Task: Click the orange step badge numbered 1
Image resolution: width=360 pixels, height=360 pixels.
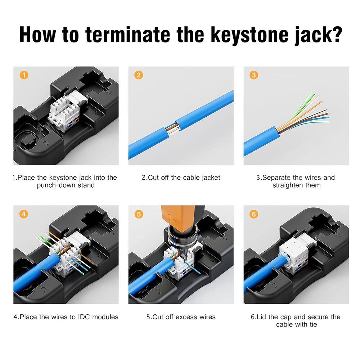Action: [x=24, y=75]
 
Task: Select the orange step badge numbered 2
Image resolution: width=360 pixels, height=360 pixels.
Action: [x=139, y=75]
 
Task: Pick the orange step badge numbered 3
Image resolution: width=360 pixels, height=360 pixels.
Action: [x=254, y=75]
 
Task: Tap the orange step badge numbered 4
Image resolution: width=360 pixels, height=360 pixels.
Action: [x=24, y=214]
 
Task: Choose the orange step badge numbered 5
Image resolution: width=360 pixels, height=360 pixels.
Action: [x=139, y=214]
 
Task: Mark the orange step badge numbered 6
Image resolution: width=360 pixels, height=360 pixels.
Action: [x=254, y=214]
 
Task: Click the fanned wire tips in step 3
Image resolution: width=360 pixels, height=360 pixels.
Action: [x=317, y=108]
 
